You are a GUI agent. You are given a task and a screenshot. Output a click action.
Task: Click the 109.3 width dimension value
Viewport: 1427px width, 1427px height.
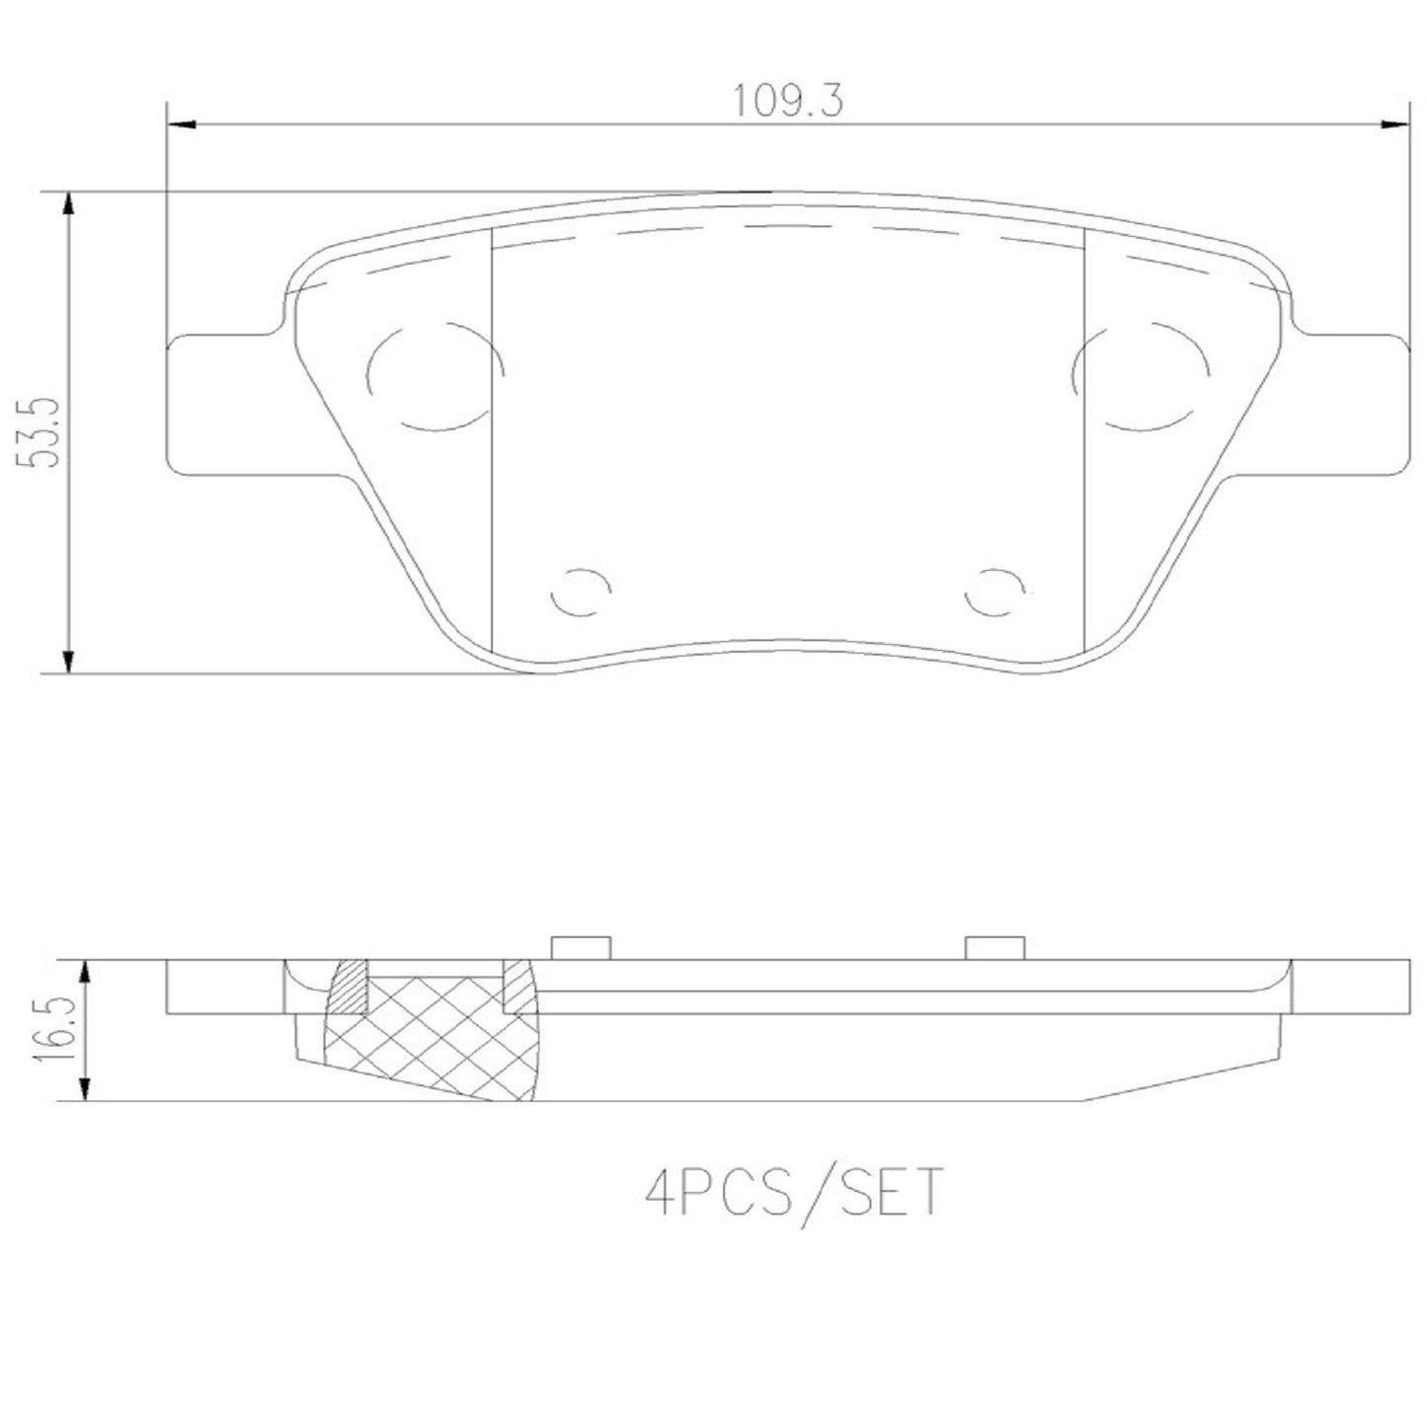click(x=787, y=102)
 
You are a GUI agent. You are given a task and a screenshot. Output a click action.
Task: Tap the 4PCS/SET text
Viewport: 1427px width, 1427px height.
click(x=794, y=1192)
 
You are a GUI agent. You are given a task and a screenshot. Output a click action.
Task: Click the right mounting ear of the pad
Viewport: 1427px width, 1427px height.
click(x=1353, y=405)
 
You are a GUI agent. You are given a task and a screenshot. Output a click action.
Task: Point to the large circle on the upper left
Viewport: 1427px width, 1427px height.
click(x=435, y=375)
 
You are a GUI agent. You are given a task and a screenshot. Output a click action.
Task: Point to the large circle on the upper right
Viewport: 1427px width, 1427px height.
click(x=1142, y=375)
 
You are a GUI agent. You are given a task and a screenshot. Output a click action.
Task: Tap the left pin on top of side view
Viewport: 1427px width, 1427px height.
click(x=581, y=947)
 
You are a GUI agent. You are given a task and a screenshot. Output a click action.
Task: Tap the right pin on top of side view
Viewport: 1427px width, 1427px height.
click(x=995, y=947)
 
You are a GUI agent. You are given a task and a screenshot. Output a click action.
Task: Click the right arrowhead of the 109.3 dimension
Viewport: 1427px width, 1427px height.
click(x=1394, y=124)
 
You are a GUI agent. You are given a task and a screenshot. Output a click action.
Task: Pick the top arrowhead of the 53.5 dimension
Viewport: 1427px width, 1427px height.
click(x=67, y=204)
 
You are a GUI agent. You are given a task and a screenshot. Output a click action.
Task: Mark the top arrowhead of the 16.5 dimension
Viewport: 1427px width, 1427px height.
click(x=88, y=972)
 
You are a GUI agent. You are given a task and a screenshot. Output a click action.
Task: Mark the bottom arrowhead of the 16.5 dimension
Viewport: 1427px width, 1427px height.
click(x=88, y=1088)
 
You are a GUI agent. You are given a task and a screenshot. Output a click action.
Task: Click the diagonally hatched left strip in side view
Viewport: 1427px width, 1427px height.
click(x=348, y=988)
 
